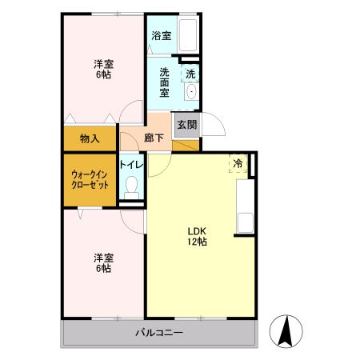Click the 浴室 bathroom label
pyautogui.click(x=162, y=35)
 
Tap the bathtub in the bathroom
pyautogui.click(x=188, y=34)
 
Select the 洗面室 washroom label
pyautogui.click(x=164, y=82)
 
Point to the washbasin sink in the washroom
pyautogui.click(x=191, y=91)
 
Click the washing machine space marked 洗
pyautogui.click(x=190, y=74)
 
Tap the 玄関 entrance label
pyautogui.click(x=187, y=125)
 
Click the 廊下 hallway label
pyautogui.click(x=154, y=138)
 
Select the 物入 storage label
pyautogui.click(x=90, y=138)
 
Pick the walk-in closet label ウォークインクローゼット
pyautogui.click(x=90, y=180)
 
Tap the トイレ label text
pyautogui.click(x=131, y=164)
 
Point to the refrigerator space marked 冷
pyautogui.click(x=238, y=163)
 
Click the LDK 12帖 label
pyautogui.click(x=197, y=236)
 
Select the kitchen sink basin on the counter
pyautogui.click(x=246, y=222)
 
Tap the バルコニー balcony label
pyautogui.click(x=159, y=333)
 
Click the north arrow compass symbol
pyautogui.click(x=286, y=331)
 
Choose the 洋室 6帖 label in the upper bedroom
pyautogui.click(x=103, y=69)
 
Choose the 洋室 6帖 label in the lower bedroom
pyautogui.click(x=103, y=263)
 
